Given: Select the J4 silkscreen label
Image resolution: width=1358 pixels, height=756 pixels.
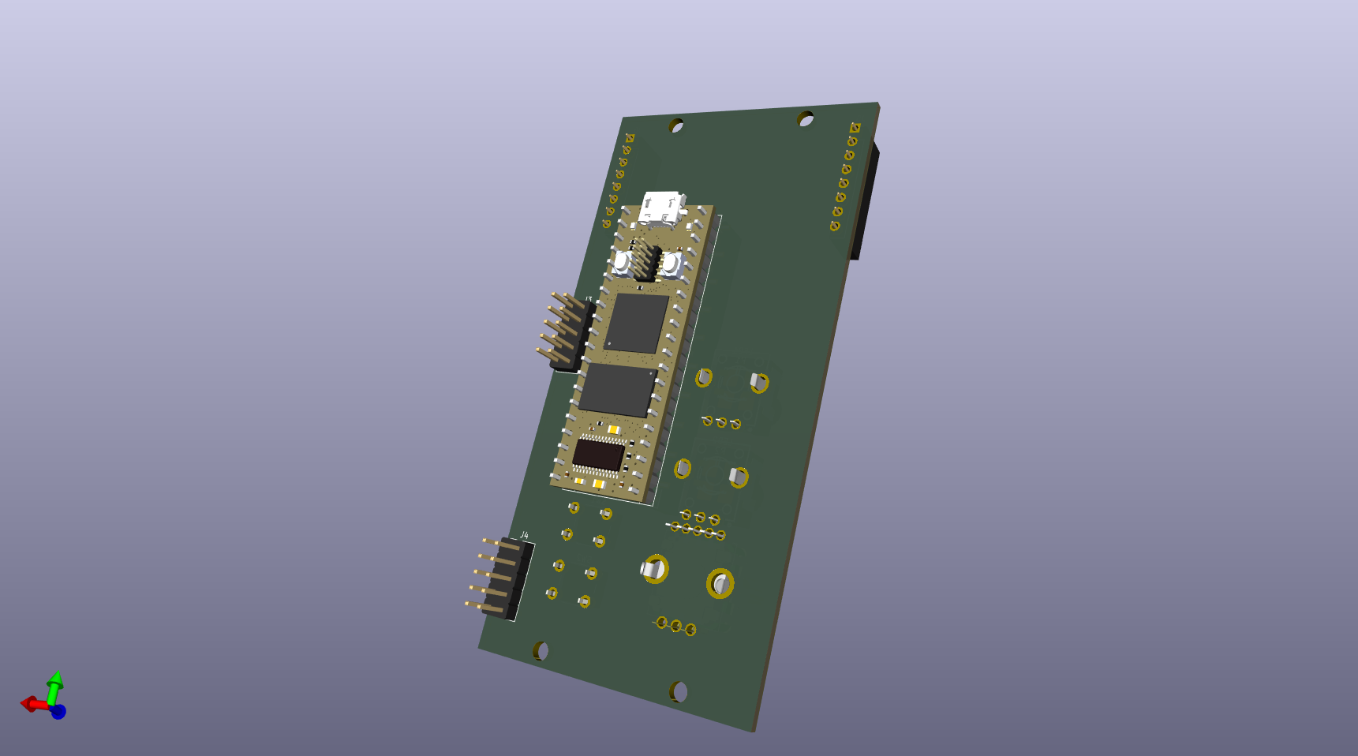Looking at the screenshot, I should click(524, 536).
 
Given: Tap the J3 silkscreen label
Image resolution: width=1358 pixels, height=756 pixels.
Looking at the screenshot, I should click(589, 300).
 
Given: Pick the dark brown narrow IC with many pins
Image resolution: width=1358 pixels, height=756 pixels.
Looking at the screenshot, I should click(598, 455).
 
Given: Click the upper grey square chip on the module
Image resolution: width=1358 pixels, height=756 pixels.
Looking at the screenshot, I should click(636, 322).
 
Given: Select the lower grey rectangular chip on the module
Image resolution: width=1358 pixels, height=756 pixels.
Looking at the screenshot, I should click(618, 389).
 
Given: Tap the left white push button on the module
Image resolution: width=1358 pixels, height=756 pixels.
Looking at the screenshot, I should click(623, 260).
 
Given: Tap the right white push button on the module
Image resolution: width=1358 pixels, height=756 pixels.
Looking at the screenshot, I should click(671, 264).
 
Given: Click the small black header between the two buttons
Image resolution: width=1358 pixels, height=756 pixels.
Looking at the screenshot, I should click(647, 261).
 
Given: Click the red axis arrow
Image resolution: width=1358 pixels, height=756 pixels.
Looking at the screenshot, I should click(32, 704).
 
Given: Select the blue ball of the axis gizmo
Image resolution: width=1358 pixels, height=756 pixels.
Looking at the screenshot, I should click(58, 712).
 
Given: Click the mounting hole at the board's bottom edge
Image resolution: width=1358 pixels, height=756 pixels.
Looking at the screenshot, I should click(679, 692).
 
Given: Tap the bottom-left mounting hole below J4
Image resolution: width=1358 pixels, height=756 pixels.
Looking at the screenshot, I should click(541, 651).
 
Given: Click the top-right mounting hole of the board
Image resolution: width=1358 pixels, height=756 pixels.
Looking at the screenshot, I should click(805, 119).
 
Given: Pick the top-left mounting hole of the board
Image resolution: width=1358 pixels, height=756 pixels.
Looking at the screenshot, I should click(676, 126).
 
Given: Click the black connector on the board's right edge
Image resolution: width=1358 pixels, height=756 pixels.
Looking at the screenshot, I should click(865, 201).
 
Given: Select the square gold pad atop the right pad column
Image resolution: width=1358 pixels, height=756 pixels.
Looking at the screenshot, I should click(855, 127).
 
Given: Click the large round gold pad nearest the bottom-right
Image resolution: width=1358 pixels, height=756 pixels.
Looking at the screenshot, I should click(720, 584).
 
